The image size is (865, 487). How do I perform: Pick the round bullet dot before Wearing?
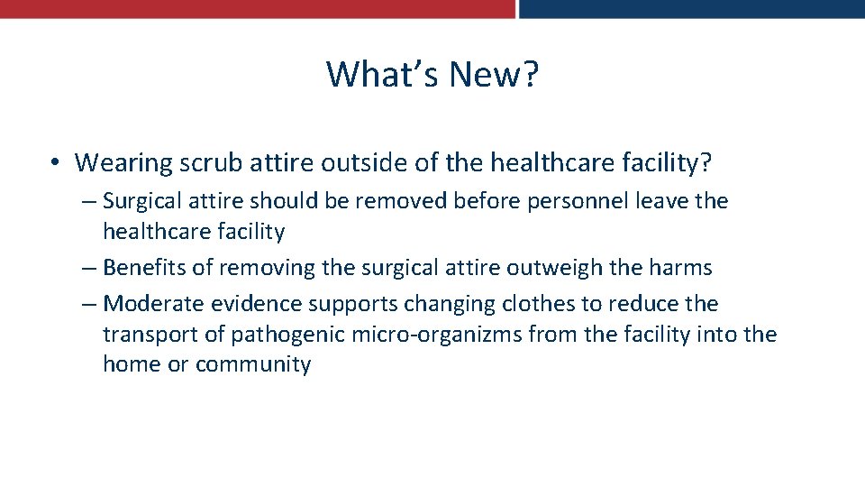56,163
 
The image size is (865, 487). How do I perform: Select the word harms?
680,268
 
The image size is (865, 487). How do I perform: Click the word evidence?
254,304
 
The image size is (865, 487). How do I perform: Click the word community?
253,364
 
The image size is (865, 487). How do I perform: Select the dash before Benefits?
88,268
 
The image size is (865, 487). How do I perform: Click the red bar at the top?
257,8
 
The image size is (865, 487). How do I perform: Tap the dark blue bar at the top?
692,8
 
